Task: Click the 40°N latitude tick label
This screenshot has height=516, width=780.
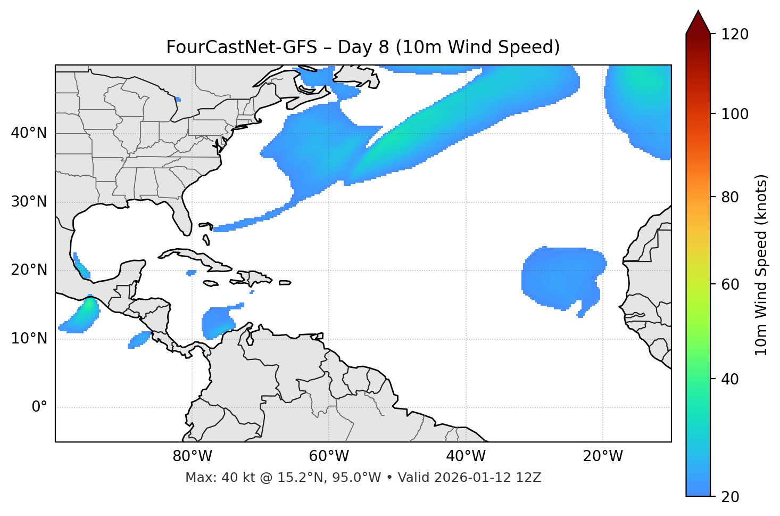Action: [29, 133]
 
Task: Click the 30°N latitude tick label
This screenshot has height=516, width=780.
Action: [29, 202]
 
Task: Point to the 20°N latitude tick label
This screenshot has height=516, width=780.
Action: [29, 270]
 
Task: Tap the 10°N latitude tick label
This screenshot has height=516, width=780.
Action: [29, 339]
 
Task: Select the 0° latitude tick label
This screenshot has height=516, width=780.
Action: [39, 407]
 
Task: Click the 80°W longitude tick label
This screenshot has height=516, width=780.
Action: [192, 456]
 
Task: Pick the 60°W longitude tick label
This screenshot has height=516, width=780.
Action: [329, 456]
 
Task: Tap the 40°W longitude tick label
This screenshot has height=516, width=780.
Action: [466, 456]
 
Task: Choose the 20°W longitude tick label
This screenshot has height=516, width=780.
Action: [602, 456]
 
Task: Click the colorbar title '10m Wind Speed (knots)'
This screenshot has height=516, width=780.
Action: [762, 265]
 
